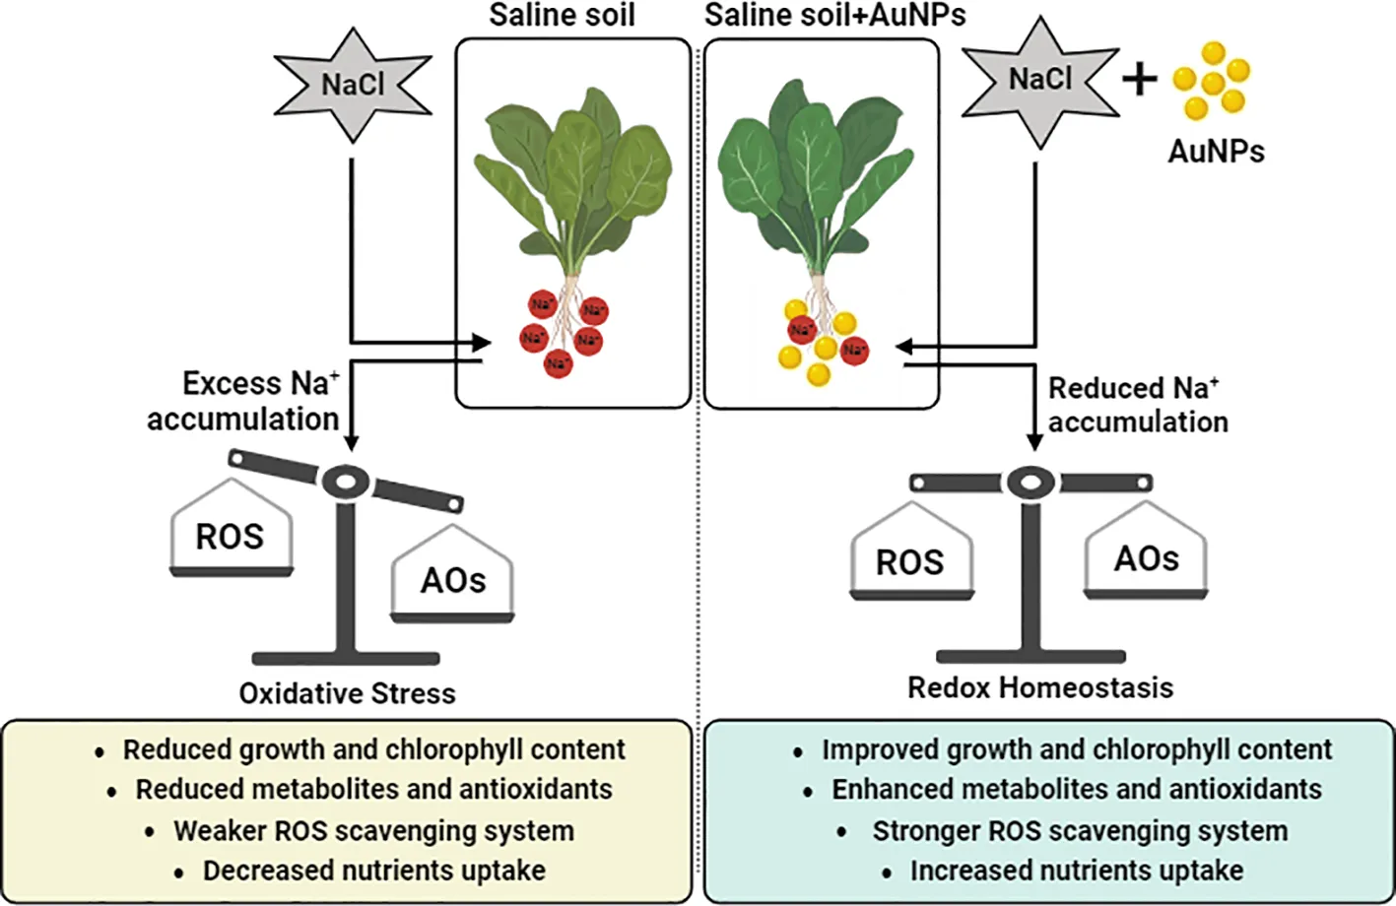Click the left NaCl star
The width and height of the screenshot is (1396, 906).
pyautogui.click(x=353, y=84)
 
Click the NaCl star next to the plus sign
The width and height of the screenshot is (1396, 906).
pyautogui.click(x=1039, y=79)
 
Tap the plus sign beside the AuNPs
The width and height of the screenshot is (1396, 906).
pyautogui.click(x=1139, y=78)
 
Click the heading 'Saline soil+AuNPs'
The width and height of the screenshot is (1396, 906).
pyautogui.click(x=834, y=16)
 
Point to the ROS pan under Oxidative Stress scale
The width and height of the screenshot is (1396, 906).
pyautogui.click(x=231, y=532)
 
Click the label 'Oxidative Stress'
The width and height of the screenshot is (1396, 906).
pyautogui.click(x=347, y=693)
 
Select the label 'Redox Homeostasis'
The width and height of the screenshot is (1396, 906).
pyautogui.click(x=1040, y=686)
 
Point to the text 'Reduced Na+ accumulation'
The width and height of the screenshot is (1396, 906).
pyautogui.click(x=1137, y=405)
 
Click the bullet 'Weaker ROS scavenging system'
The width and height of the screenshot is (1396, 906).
pyautogui.click(x=373, y=830)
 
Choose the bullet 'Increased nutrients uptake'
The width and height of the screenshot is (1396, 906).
pyautogui.click(x=1076, y=871)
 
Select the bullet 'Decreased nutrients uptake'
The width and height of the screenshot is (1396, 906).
pyautogui.click(x=373, y=871)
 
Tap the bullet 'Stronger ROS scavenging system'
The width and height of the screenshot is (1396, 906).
pyautogui.click(x=1080, y=830)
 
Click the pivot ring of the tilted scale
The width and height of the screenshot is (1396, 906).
pyautogui.click(x=345, y=481)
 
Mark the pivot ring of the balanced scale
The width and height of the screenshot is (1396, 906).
pyautogui.click(x=1030, y=483)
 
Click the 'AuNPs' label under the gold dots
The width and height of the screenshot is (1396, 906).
pyautogui.click(x=1216, y=151)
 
